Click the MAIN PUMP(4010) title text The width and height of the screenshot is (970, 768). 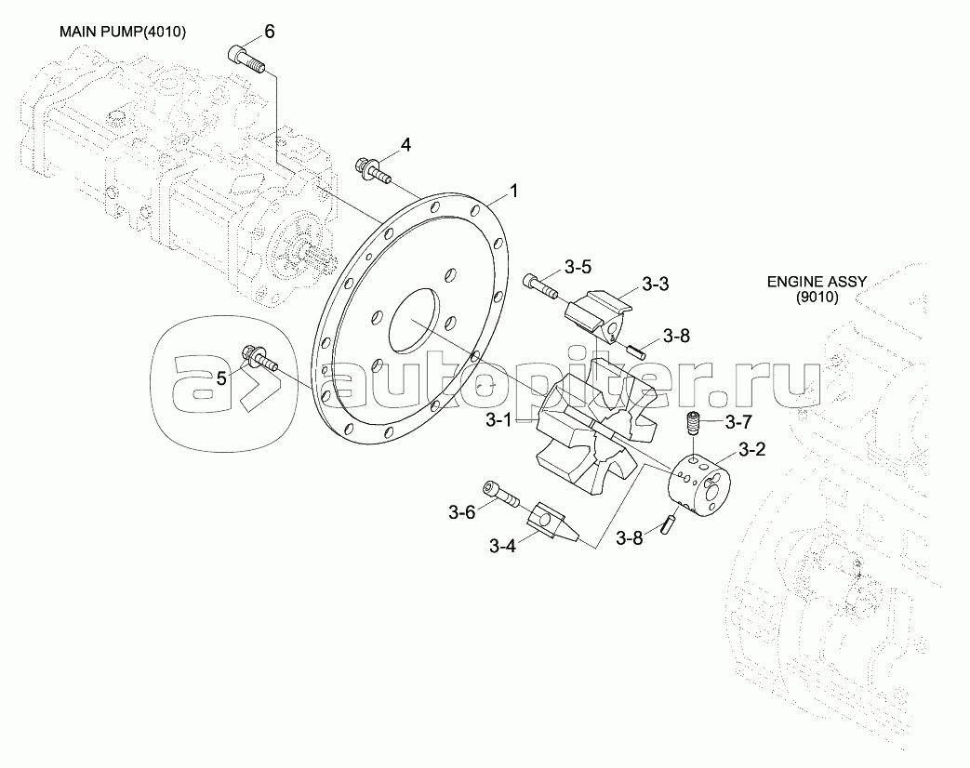pos(123,32)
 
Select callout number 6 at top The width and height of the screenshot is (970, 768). pos(270,32)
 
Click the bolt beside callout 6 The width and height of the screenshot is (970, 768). pos(246,60)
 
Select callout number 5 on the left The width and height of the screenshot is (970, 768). pos(221,377)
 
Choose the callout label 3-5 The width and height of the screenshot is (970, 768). pos(578,268)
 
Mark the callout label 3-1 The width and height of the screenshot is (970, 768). pos(498,420)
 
